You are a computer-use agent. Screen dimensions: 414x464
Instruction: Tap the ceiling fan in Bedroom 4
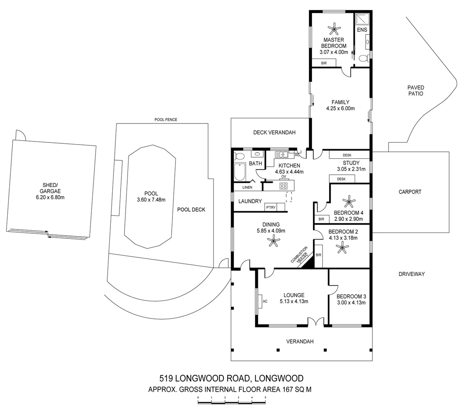coord(349,201)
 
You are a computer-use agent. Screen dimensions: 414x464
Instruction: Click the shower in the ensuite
coord(362,19)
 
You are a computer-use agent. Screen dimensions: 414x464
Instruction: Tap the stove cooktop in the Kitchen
coord(284,186)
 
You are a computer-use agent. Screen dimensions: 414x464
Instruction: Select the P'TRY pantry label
coord(271,207)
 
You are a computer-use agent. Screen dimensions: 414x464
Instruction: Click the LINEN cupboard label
coord(248,187)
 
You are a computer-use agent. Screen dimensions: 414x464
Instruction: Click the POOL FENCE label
coord(166,120)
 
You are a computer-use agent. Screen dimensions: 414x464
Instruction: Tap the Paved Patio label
coord(416,90)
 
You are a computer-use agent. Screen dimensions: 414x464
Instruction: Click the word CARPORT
coord(410,192)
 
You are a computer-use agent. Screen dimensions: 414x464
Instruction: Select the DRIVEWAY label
coord(412,274)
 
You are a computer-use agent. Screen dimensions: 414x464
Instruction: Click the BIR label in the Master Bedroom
coord(324,63)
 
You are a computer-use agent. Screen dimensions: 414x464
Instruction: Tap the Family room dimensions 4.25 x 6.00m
coord(340,108)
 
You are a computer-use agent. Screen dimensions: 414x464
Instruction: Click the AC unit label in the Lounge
coord(265,301)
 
